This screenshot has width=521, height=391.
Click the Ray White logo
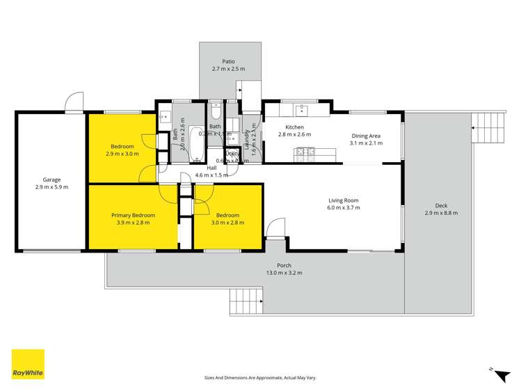pyautogui.click(x=28, y=365)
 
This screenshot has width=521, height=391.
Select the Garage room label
pyautogui.click(x=52, y=179)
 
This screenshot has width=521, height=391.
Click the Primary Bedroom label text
pyautogui.click(x=133, y=216)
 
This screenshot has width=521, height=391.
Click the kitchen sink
pyautogui.click(x=302, y=109)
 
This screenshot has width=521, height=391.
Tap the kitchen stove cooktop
pyautogui.click(x=305, y=152)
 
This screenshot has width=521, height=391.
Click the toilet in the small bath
pyautogui.click(x=216, y=112)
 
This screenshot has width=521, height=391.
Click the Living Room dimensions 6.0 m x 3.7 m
pyautogui.click(x=344, y=208)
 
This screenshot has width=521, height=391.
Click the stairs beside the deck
pyautogui.click(x=487, y=126)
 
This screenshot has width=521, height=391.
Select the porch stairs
pyautogui.click(x=246, y=301)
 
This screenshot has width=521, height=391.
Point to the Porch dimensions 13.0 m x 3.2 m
pyautogui.click(x=284, y=273)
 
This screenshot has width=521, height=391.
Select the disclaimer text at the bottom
pyautogui.click(x=260, y=377)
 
